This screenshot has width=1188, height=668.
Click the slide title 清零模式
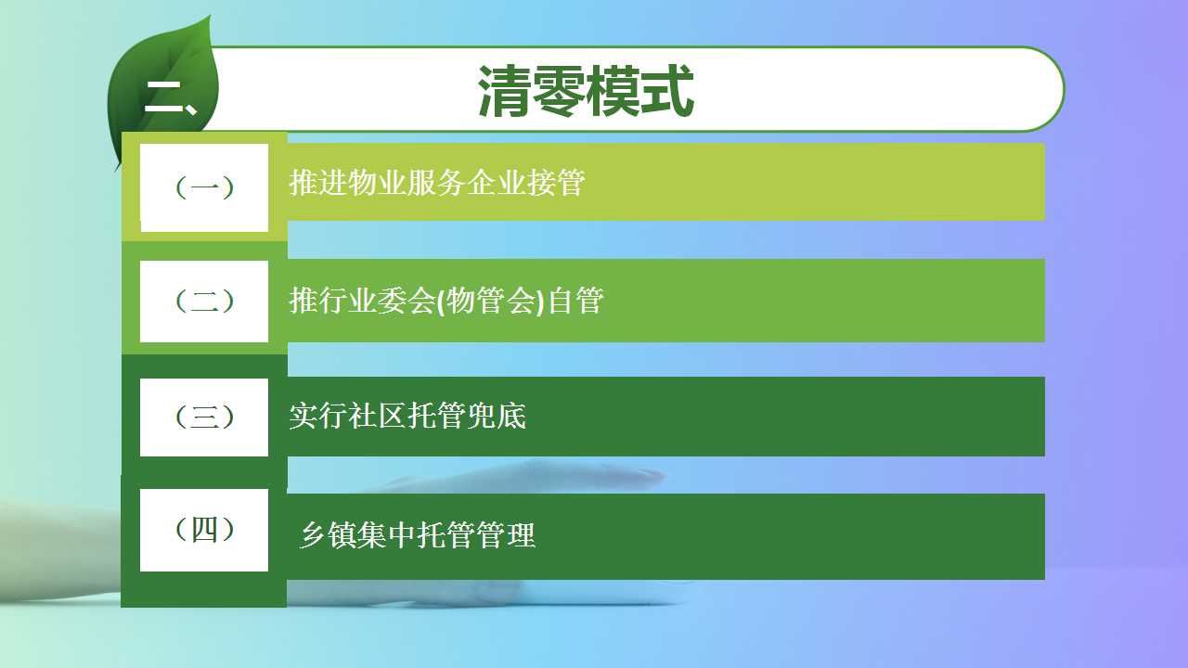(586, 90)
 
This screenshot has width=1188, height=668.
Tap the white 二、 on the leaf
(171, 97)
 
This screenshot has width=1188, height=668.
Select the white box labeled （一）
(204, 187)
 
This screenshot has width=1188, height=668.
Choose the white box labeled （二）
(204, 302)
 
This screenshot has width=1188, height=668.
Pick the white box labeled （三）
(204, 417)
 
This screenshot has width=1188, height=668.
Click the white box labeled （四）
(204, 530)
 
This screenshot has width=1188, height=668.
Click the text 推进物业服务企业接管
(437, 183)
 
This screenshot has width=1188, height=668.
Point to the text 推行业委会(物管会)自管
(446, 301)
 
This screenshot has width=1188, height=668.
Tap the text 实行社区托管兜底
(407, 416)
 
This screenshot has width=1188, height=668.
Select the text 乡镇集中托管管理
(418, 535)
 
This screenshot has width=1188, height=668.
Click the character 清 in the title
(504, 91)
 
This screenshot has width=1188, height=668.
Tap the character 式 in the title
(667, 91)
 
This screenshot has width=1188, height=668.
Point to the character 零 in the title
(559, 91)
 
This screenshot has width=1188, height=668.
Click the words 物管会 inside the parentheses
(491, 301)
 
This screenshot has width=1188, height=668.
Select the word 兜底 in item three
(497, 416)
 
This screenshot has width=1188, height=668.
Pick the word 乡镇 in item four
(329, 535)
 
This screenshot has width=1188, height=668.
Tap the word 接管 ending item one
(556, 183)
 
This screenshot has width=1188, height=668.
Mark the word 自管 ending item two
(575, 301)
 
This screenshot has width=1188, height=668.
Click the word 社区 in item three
(378, 416)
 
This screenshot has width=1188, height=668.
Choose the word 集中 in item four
(387, 535)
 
